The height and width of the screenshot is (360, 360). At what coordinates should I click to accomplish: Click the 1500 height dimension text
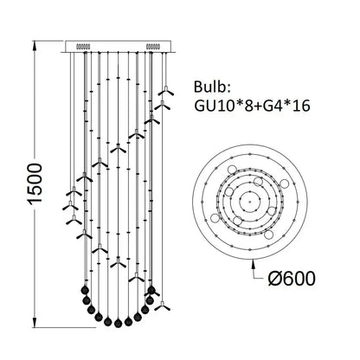[35, 184]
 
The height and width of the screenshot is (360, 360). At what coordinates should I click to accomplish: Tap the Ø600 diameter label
[292, 279]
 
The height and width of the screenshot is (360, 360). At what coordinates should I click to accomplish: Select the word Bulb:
[212, 87]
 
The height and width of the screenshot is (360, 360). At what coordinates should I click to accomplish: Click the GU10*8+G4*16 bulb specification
[252, 106]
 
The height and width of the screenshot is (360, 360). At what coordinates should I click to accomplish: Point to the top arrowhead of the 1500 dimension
[35, 46]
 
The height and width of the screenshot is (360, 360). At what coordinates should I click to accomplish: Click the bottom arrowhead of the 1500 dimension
[35, 322]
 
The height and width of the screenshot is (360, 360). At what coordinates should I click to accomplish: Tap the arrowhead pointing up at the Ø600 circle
[254, 263]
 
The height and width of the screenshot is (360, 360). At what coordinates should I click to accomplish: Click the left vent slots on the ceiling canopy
[83, 46]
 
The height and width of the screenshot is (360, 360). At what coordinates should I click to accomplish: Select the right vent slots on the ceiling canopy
[153, 46]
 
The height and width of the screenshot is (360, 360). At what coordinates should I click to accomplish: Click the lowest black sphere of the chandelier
[118, 323]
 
